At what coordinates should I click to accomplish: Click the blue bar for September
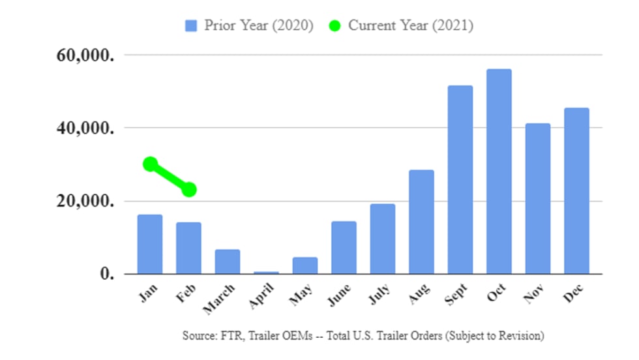460,179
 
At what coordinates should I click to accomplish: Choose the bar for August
421,222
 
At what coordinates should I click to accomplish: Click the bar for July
383,239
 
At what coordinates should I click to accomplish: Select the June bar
344,247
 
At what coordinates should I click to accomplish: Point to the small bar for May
305,265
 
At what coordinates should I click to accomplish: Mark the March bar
228,262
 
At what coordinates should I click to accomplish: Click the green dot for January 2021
151,164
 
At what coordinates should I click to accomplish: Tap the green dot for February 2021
189,190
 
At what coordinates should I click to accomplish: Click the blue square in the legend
191,26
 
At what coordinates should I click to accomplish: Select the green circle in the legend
334,26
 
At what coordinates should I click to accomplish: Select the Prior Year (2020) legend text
259,26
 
